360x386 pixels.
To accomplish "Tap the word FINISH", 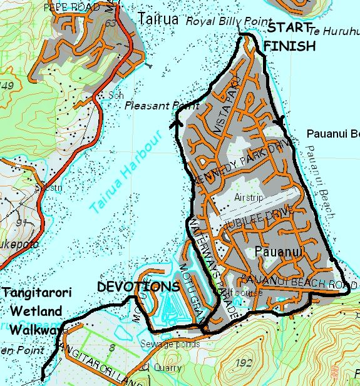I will pyautogui.click(x=289, y=46).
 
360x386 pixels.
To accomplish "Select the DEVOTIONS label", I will pyautogui.click(x=138, y=287).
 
